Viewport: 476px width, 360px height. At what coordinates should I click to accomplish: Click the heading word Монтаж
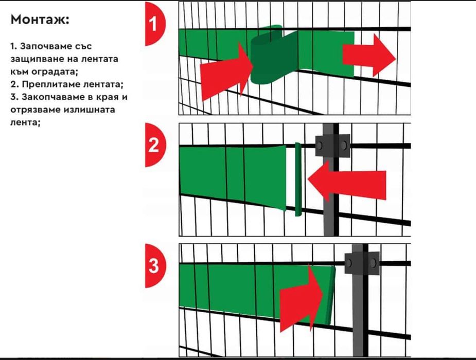(x=40, y=20)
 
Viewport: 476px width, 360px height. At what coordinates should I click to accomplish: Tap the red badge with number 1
(x=155, y=24)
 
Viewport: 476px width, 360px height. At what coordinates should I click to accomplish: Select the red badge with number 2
(x=155, y=145)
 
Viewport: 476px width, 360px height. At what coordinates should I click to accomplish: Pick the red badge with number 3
(x=155, y=266)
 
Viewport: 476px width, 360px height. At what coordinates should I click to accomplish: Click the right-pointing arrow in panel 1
(x=369, y=56)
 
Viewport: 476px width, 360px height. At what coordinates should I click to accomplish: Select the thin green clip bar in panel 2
(x=298, y=179)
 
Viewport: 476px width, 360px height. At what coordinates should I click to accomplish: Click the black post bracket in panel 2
(x=332, y=146)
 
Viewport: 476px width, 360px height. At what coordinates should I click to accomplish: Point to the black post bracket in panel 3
(x=362, y=263)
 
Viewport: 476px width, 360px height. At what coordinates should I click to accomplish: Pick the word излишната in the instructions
(x=89, y=110)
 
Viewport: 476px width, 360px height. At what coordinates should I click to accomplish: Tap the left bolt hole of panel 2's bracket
(x=320, y=146)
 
